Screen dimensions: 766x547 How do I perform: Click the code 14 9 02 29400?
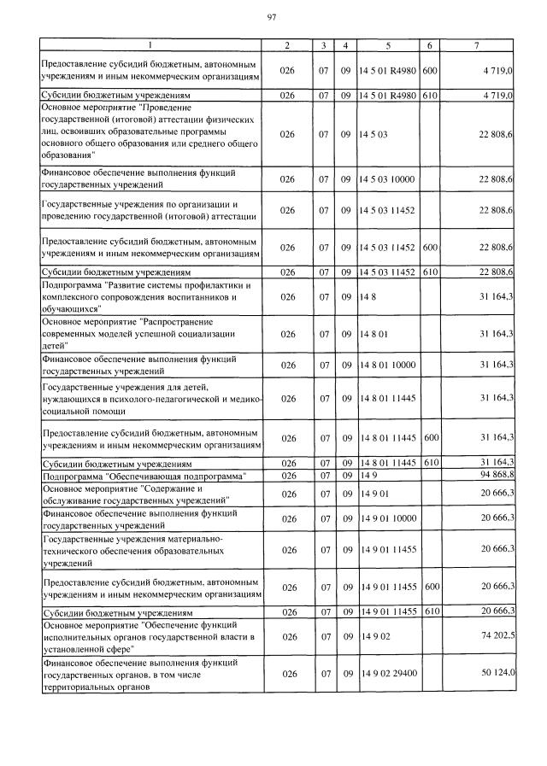388,674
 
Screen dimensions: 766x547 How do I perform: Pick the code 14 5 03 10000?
388,178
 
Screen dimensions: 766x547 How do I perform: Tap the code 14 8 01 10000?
388,365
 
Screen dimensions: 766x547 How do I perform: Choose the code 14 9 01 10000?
388,518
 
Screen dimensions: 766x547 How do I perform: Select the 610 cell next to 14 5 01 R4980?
430,96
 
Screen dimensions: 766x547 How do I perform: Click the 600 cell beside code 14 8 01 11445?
431,437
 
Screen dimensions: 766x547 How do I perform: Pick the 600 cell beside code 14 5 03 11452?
430,247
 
